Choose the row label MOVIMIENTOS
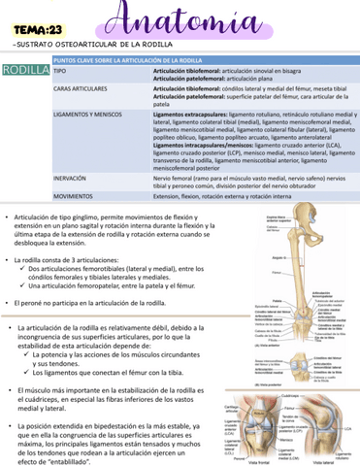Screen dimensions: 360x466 pyautogui.click(x=74, y=195)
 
